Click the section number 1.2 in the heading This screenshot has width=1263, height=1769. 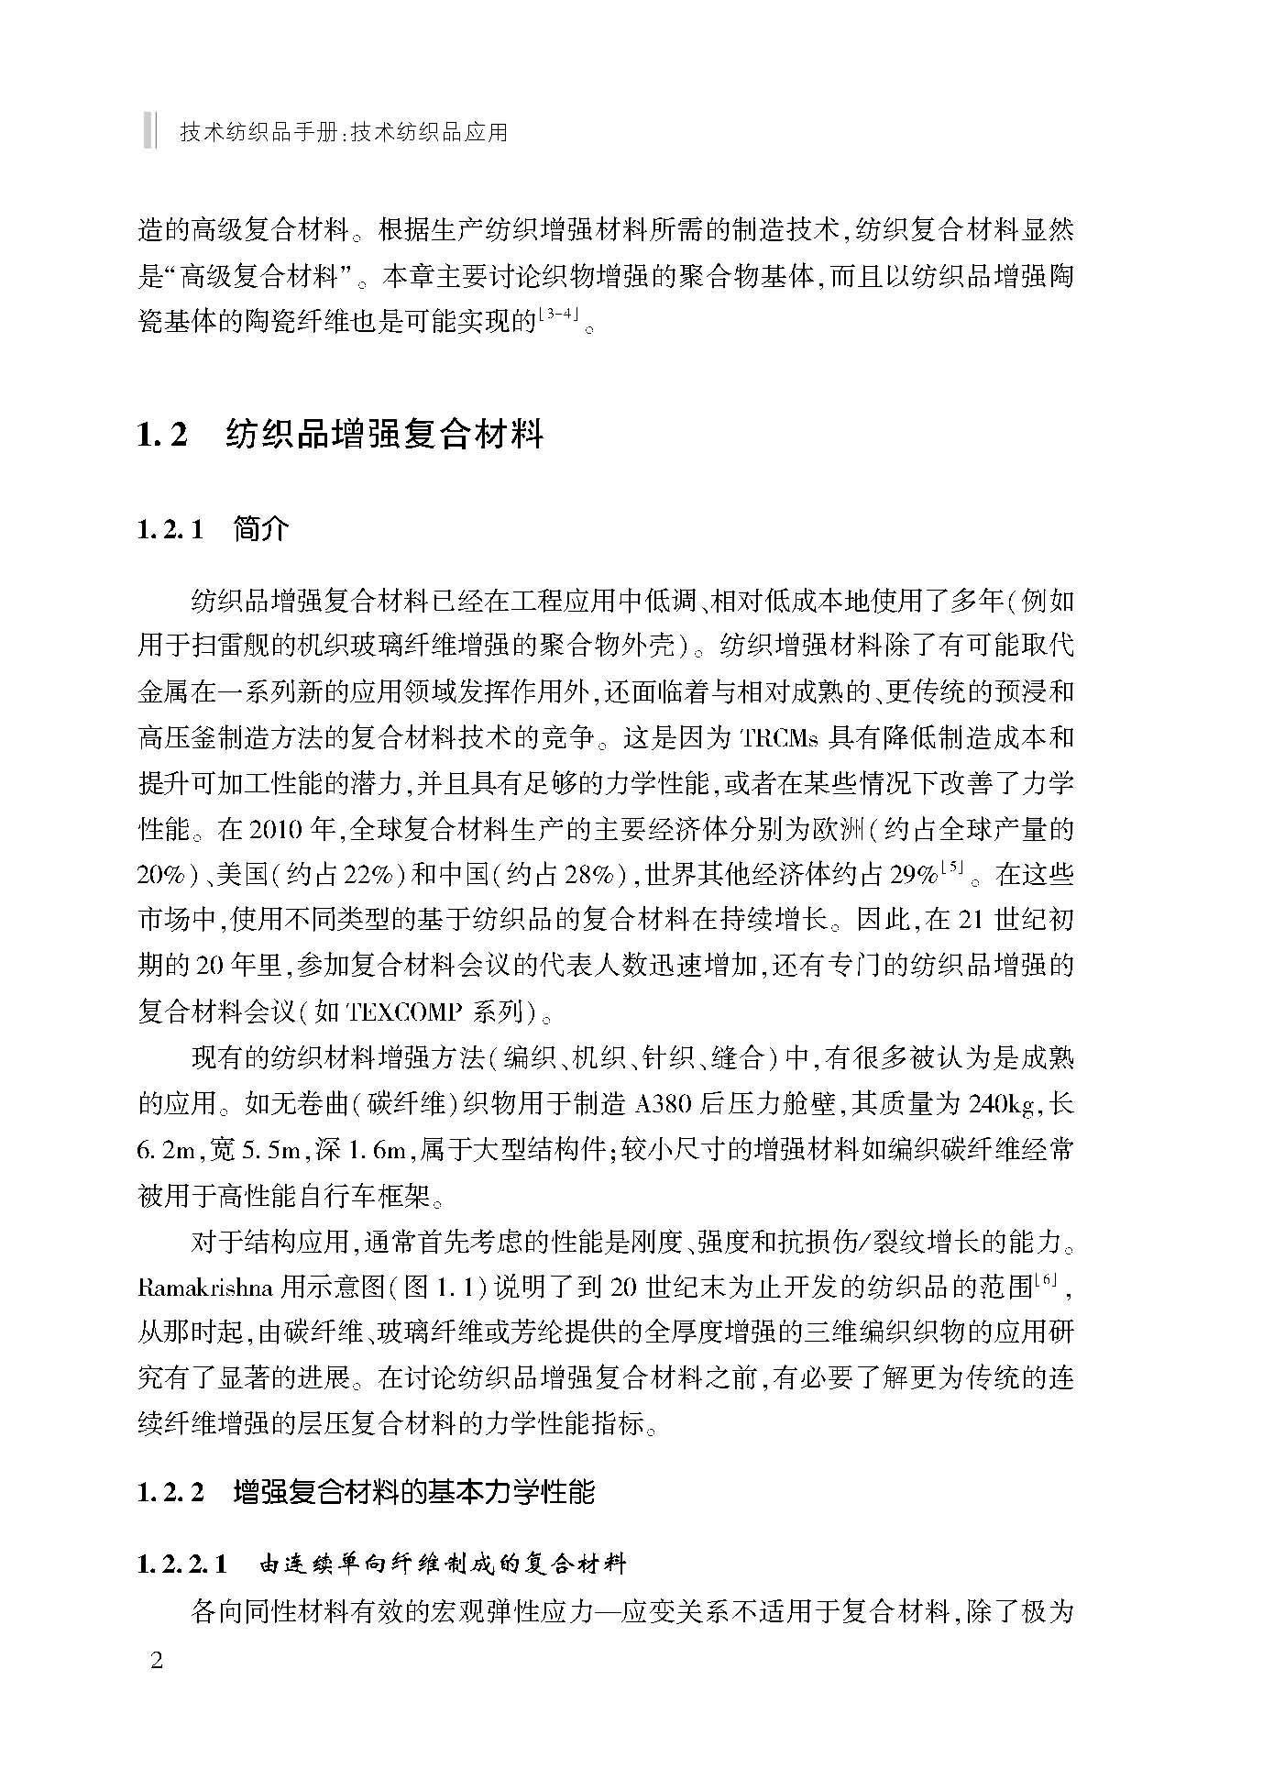[x=162, y=434]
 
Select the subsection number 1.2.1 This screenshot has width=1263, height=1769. [x=170, y=530]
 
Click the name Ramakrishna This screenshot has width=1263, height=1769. [x=205, y=1288]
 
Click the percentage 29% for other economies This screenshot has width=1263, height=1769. [x=913, y=875]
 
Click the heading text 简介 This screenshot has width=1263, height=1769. [x=261, y=530]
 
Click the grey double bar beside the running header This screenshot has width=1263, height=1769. [x=149, y=130]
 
